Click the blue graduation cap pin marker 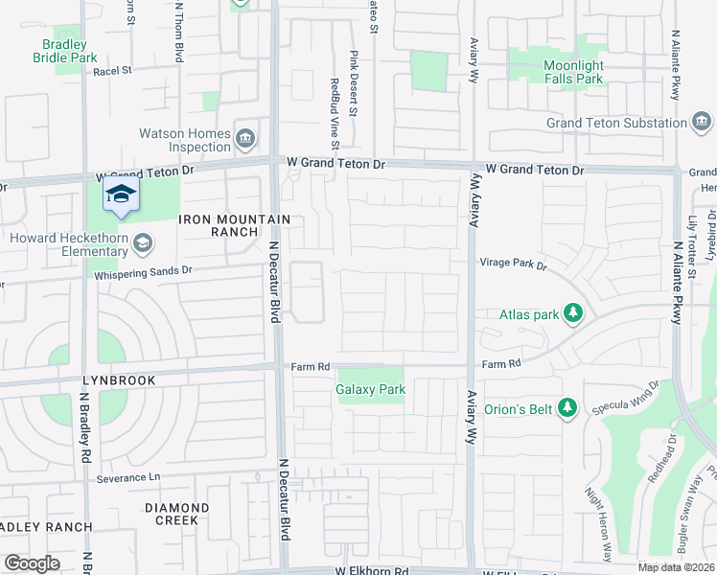(x=122, y=195)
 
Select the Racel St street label (x=112, y=70)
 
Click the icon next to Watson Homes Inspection (x=246, y=138)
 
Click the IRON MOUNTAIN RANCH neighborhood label (x=234, y=225)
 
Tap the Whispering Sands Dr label (x=144, y=271)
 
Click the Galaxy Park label (x=371, y=389)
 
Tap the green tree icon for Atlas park (x=573, y=312)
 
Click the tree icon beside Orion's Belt (x=568, y=409)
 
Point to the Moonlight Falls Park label (x=573, y=72)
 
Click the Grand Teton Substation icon (x=702, y=122)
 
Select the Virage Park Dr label (x=512, y=264)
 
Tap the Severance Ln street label (x=128, y=477)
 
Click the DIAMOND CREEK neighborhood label (x=177, y=514)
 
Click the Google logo (x=32, y=563)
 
